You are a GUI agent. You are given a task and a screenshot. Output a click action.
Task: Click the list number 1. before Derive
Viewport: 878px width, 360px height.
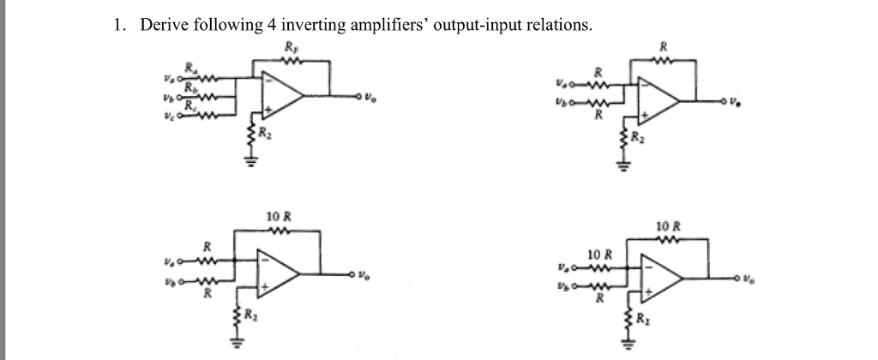(x=120, y=25)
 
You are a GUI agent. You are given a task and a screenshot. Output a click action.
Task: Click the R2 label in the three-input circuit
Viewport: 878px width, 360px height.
(x=264, y=133)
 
